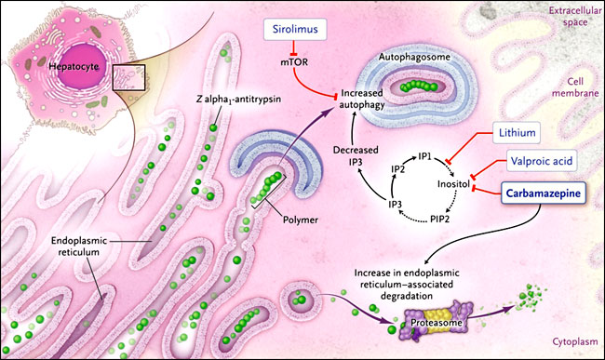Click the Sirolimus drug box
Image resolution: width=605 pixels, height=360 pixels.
[295, 29]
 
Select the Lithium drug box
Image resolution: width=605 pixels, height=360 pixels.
[517, 133]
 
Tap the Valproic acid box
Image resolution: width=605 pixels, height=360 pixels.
[542, 161]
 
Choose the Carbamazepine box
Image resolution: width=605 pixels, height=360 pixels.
[544, 193]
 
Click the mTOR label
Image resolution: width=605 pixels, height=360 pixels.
[294, 61]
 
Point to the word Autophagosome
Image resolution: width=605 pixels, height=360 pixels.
[414, 57]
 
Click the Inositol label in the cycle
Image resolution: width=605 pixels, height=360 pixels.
[453, 184]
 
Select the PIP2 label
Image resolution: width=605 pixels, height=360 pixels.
[440, 220]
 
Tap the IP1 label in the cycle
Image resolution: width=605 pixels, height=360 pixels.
[424, 157]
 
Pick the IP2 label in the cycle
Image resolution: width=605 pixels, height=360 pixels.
[397, 169]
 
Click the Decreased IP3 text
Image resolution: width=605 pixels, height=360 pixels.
[356, 156]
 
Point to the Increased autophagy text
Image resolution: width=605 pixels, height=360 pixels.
[362, 99]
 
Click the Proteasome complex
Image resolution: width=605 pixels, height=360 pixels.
[436, 322]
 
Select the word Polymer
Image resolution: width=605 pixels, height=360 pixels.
[301, 220]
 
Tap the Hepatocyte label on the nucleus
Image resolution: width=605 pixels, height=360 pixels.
[74, 66]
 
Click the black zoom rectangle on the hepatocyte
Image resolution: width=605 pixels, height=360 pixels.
[128, 77]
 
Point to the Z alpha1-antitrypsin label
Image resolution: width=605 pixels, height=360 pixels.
[238, 100]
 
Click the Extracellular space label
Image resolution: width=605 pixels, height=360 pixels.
[575, 16]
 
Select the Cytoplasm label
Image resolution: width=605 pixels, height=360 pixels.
[575, 341]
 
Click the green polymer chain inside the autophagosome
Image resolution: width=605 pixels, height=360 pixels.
[420, 86]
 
